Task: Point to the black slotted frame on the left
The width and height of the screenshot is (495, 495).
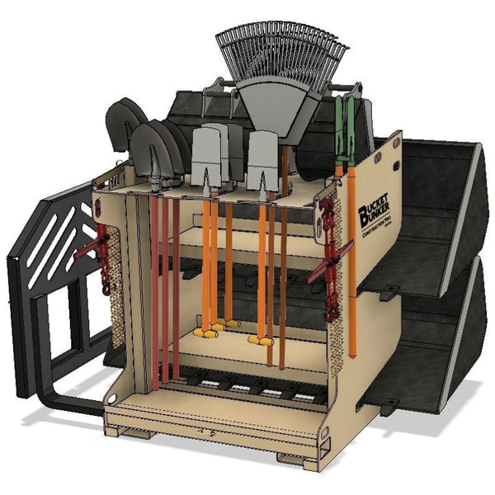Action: (49, 239)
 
